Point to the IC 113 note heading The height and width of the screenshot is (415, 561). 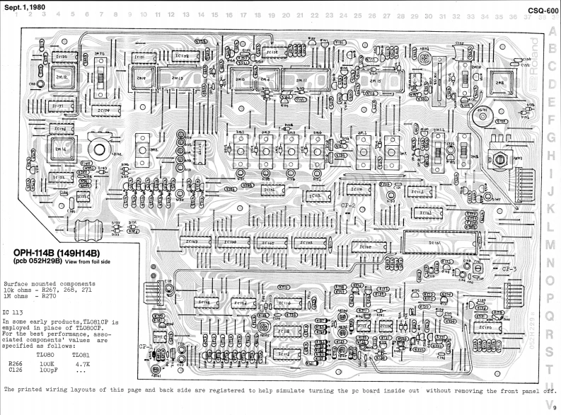pos(14,311)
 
